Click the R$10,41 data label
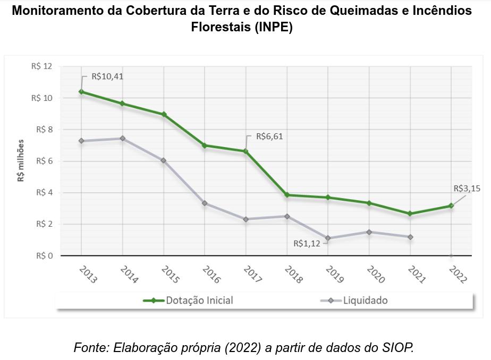coord(107,76)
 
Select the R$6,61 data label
coord(269,136)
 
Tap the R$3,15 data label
coord(467,188)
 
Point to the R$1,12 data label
coord(307,244)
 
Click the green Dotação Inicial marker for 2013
coord(81,92)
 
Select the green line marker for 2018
coord(287,195)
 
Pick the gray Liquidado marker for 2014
coord(122,139)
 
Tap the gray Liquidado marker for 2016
coord(205,203)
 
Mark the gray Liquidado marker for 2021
coord(410,237)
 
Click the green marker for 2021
coord(410,213)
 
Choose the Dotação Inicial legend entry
coord(189,301)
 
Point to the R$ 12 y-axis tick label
coord(42,66)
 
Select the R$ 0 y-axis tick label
coord(44,256)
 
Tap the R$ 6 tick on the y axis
coord(44,161)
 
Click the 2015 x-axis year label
coord(170,274)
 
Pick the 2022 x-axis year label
coord(458,274)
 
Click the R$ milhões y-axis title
coord(21,160)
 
